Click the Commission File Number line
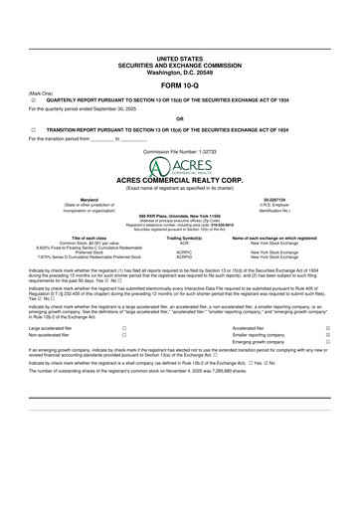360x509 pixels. point(179,151)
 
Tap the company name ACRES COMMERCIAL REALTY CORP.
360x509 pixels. point(179,179)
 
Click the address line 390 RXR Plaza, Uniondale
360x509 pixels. point(179,216)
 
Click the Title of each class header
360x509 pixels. point(62,239)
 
